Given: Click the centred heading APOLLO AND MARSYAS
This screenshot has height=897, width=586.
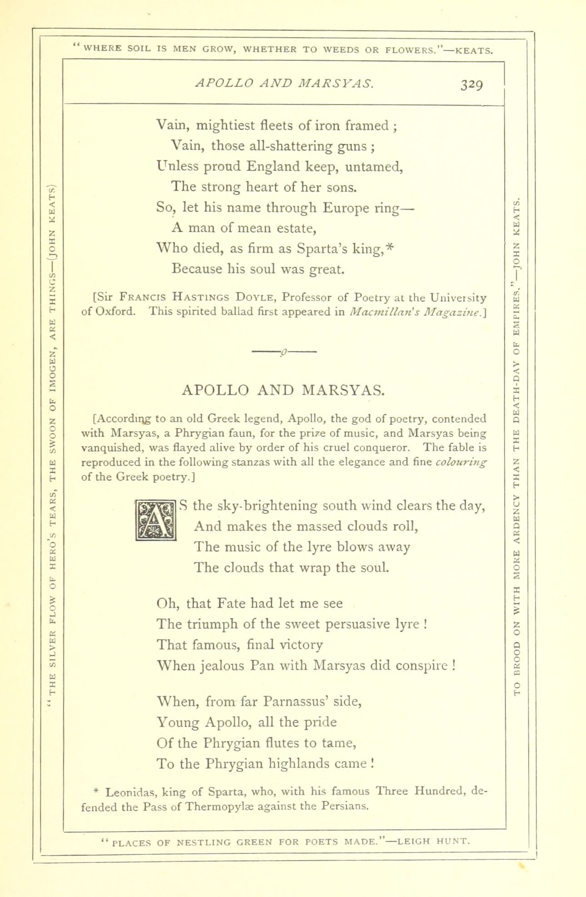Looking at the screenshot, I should pyautogui.click(x=283, y=390).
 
